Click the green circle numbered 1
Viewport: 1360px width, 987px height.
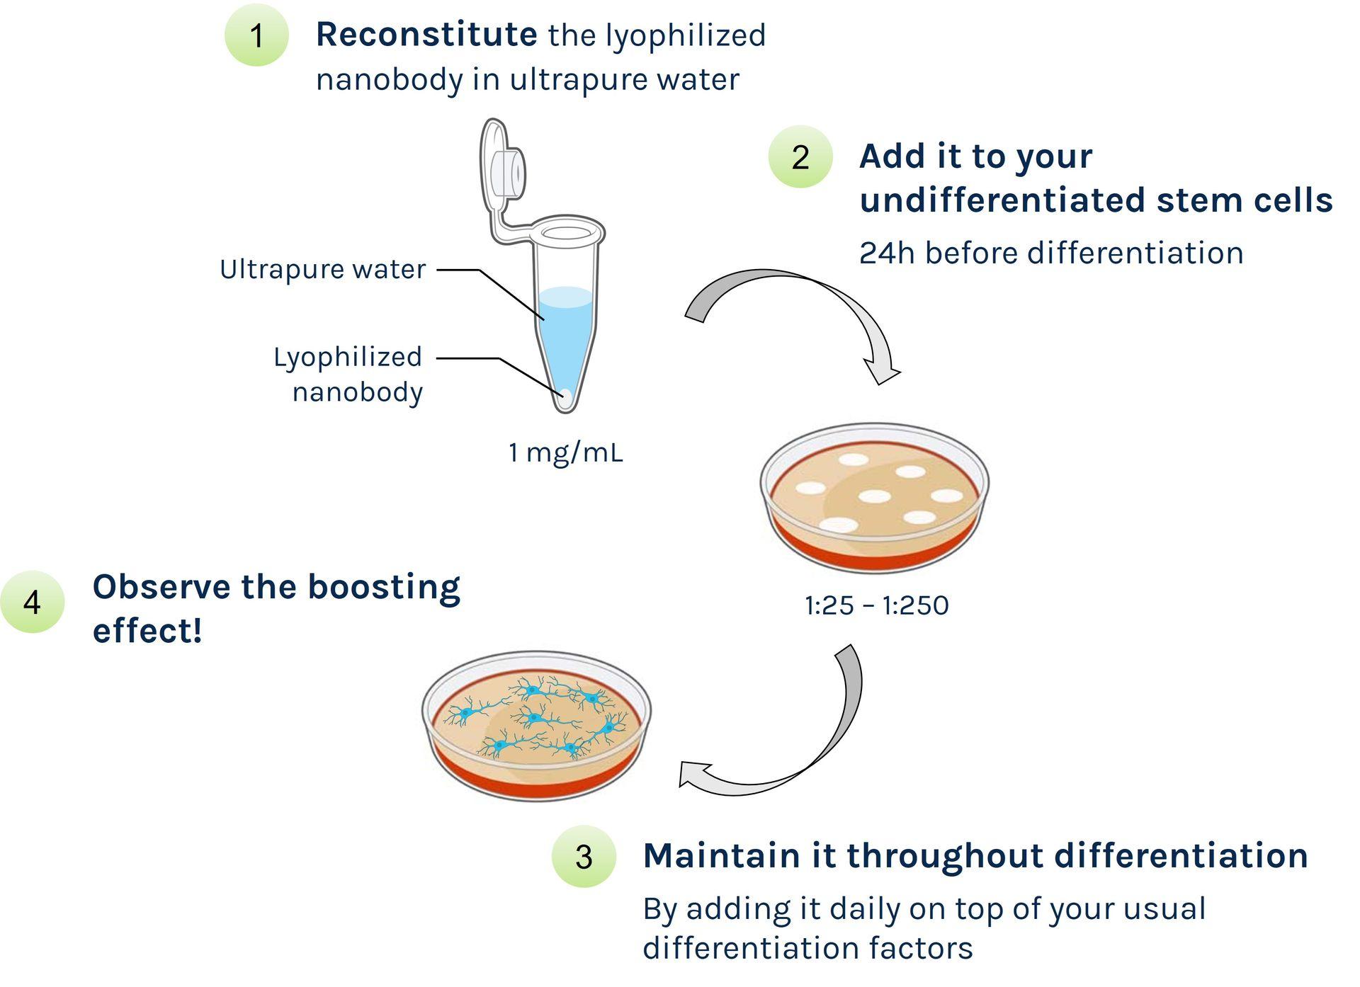click(256, 35)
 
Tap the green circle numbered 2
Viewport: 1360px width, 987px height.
click(800, 156)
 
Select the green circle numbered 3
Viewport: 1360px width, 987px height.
click(584, 856)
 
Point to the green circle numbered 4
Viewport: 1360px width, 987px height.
click(33, 602)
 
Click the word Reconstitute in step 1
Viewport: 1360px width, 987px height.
click(426, 35)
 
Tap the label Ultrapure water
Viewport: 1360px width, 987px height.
click(323, 269)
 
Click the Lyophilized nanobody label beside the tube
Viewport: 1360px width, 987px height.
click(349, 374)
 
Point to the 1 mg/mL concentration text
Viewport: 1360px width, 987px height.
click(565, 452)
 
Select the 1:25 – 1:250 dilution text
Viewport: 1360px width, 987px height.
click(876, 605)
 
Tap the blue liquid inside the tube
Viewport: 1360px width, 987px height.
click(566, 333)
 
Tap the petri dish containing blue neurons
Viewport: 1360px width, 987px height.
click(536, 726)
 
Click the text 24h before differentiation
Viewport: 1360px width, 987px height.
click(1051, 253)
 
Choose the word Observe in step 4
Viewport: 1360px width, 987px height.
click(161, 587)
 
